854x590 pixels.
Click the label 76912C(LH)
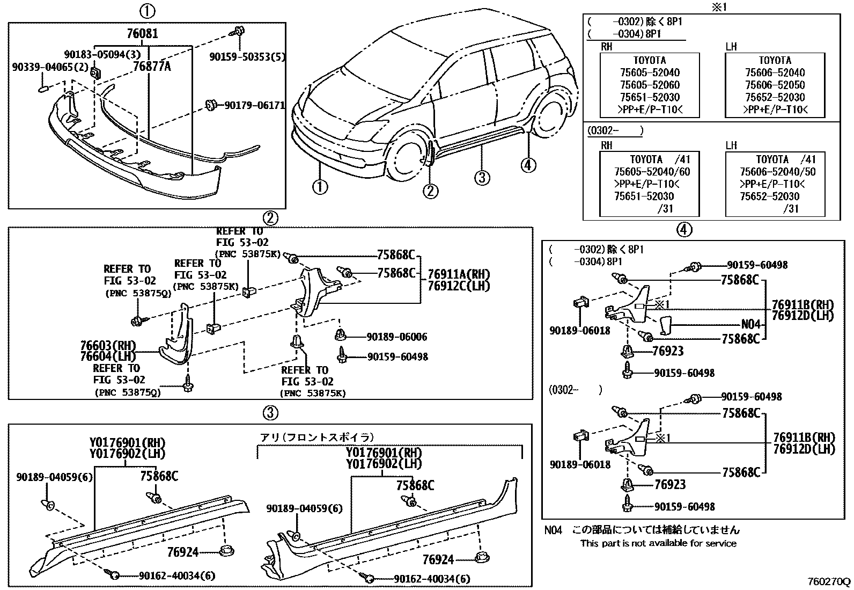click(x=459, y=286)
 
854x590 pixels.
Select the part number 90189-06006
click(x=397, y=337)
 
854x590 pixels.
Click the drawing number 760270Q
click(x=829, y=581)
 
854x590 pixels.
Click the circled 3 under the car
click(x=482, y=177)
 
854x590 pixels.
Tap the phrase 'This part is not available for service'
click(x=658, y=543)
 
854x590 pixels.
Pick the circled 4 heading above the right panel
click(x=683, y=230)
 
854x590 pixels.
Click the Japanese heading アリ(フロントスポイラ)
click(x=316, y=437)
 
